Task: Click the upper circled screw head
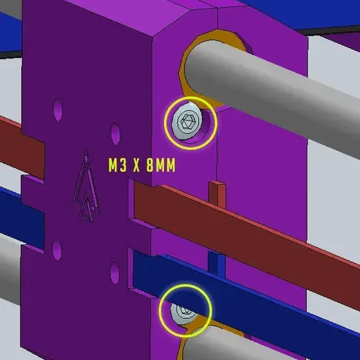point(187,121)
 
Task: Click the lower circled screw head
point(183,313)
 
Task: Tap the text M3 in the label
point(118,165)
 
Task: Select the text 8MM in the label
point(161,165)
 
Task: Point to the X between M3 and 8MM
point(137,165)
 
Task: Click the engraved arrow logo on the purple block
point(87,186)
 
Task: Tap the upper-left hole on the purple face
point(58,110)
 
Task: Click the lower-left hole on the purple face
point(57,249)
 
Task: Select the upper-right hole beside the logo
point(115,134)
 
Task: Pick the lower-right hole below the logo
point(114,273)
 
